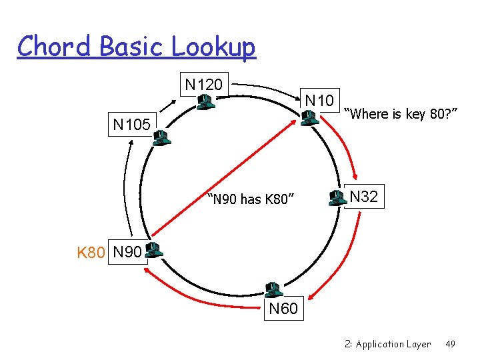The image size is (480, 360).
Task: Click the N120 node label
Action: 205,85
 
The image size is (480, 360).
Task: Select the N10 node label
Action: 319,101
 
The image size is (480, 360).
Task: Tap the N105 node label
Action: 131,124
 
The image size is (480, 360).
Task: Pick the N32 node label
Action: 364,197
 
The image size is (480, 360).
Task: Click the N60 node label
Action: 283,309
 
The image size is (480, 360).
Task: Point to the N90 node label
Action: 127,253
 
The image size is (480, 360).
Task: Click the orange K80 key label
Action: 91,253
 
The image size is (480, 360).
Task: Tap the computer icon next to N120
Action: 205,101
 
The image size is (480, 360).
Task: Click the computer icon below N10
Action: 308,119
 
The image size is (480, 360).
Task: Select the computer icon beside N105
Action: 161,138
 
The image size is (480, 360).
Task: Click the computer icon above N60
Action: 271,289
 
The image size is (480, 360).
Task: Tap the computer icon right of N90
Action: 155,250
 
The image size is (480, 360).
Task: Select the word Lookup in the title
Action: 213,47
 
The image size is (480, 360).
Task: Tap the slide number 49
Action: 450,344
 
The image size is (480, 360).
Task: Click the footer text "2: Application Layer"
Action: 388,344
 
